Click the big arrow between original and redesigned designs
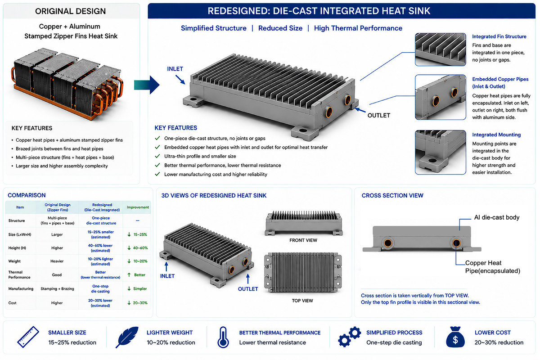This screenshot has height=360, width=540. pos(147,85)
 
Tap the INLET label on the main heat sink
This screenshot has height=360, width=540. pos(175,69)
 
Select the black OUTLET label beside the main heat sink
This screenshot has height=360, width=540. pos(379,116)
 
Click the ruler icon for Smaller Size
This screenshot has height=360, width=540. pos(28,337)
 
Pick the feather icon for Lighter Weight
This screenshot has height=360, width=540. pos(127,337)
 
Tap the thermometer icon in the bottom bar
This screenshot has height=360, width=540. pos(223,337)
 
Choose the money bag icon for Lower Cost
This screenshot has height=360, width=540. pos(455,337)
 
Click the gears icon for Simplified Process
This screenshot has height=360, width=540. pos(349,337)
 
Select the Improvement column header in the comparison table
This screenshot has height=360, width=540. pos(138,207)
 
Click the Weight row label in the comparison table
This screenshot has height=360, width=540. pos(14,261)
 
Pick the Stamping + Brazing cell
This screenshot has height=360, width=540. pos(57,288)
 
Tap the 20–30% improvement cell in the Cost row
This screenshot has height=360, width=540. pos(137,303)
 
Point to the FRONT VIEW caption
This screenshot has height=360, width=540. pos(303,240)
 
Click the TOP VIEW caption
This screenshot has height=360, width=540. pos(302,301)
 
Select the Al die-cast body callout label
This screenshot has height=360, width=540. pos(497,217)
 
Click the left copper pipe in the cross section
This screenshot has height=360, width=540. pos(387,243)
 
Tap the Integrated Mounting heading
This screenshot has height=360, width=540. pos(496,135)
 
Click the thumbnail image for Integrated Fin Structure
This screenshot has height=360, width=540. pos(441,49)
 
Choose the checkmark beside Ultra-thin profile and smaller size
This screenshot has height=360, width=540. pos(157,156)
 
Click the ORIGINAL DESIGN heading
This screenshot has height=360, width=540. pos(70,11)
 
